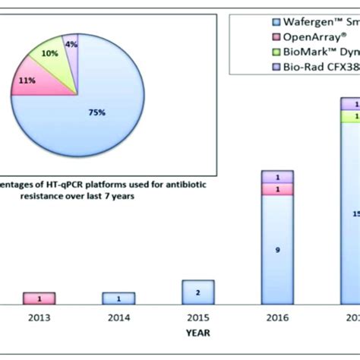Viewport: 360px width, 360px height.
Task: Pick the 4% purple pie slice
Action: click(x=71, y=46)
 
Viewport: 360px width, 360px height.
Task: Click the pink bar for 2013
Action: click(x=39, y=298)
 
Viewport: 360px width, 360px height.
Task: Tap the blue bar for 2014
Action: click(x=118, y=298)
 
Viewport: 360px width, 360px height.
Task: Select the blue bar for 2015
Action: click(x=197, y=292)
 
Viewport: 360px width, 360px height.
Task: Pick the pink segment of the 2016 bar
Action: click(x=277, y=189)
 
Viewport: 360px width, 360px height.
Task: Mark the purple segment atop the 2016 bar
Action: click(x=277, y=177)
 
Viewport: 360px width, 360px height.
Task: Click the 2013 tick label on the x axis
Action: click(x=39, y=318)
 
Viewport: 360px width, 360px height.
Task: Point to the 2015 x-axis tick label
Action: click(x=197, y=318)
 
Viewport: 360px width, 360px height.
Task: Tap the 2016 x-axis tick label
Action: click(x=277, y=318)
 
